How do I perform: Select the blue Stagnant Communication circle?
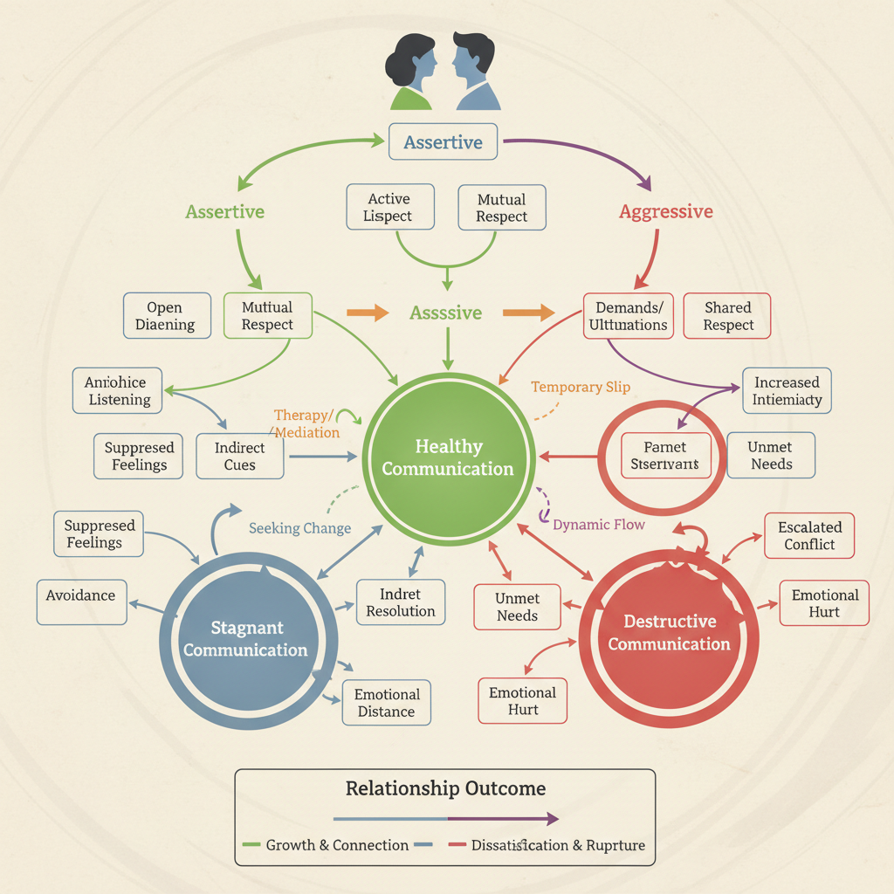pyautogui.click(x=245, y=639)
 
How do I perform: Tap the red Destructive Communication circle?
pyautogui.click(x=669, y=633)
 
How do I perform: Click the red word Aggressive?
pyautogui.click(x=665, y=211)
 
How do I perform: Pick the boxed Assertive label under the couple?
pyautogui.click(x=443, y=142)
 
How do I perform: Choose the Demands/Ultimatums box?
pyautogui.click(x=628, y=316)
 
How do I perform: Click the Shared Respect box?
pyautogui.click(x=727, y=316)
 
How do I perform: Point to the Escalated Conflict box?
pyautogui.click(x=809, y=535)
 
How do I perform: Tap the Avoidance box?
pyautogui.click(x=81, y=595)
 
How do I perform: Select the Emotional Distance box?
pyautogui.click(x=387, y=703)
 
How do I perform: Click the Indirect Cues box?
pyautogui.click(x=239, y=457)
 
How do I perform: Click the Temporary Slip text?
pyautogui.click(x=580, y=387)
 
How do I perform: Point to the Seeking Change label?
pyautogui.click(x=299, y=528)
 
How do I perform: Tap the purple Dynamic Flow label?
pyautogui.click(x=599, y=525)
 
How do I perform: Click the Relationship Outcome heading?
pyautogui.click(x=445, y=788)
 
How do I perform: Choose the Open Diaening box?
pyautogui.click(x=165, y=316)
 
